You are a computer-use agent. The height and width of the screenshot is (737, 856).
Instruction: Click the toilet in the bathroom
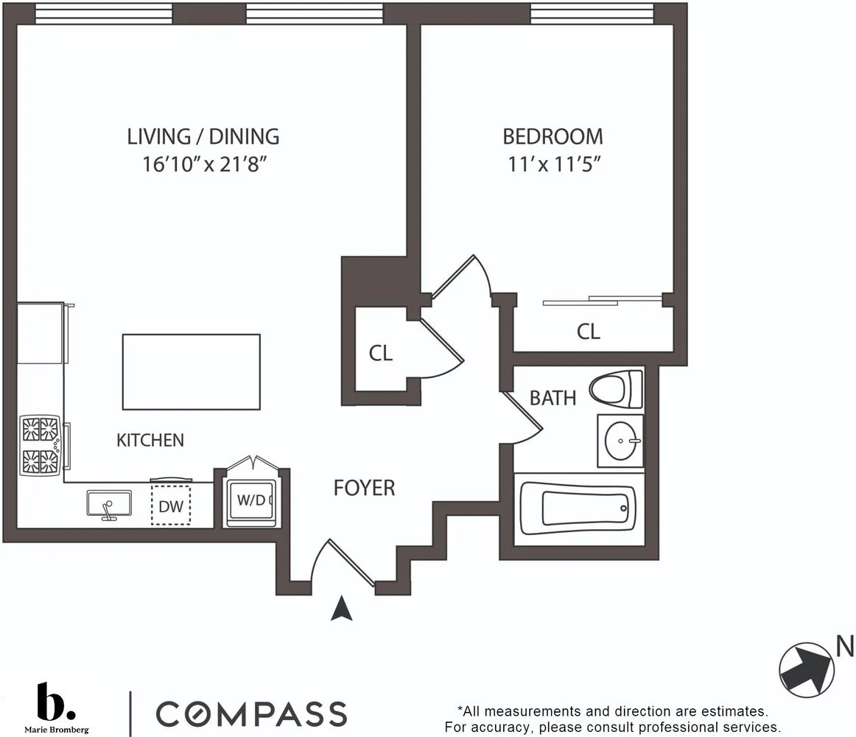coord(617,388)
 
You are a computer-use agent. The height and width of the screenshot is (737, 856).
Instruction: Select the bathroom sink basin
coord(620,441)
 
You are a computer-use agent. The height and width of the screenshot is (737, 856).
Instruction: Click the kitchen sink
coord(109,505)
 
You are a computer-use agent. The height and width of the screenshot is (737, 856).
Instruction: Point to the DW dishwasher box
coord(171,506)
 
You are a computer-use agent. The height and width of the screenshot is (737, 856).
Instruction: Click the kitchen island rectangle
coord(191,372)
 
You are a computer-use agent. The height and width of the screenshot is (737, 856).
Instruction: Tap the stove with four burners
coord(41,445)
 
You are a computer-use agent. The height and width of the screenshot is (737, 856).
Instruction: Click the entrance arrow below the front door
coord(340,608)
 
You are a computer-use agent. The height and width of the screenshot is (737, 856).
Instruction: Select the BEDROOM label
coord(552,136)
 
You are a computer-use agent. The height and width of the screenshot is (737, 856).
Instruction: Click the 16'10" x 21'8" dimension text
coord(204,164)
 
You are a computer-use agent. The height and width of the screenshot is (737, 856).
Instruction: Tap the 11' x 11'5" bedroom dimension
coord(552,164)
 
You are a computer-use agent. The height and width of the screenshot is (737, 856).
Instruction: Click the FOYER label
coord(364,488)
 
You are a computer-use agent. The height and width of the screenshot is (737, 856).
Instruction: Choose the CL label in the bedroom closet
coord(588,332)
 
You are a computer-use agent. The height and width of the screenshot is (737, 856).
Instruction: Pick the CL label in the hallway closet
coord(380,354)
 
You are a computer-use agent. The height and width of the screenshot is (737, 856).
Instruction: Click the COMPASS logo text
coord(251,713)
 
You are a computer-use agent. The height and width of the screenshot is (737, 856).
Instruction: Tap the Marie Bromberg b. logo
coord(55,704)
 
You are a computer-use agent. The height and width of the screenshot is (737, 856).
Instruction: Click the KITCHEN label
coord(150,441)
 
